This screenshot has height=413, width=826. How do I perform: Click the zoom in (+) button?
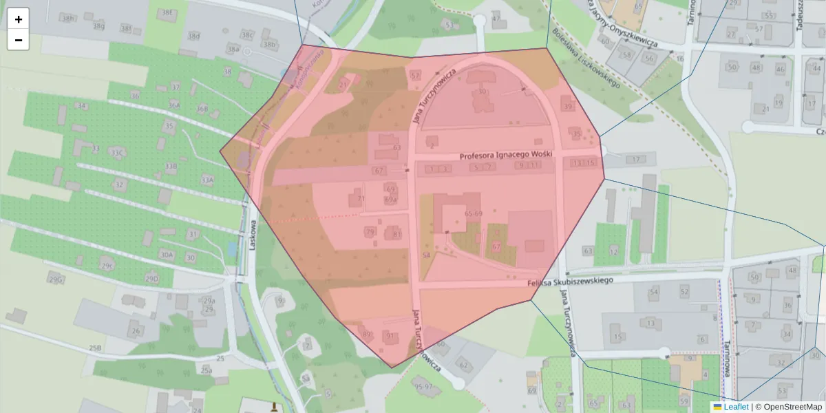click(x=18, y=19)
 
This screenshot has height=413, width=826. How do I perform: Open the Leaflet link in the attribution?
click(x=736, y=407)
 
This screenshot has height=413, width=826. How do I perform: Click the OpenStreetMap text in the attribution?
click(x=792, y=407)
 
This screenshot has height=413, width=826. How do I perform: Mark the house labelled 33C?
click(x=117, y=152)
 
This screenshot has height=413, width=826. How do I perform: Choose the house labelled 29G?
click(x=56, y=279)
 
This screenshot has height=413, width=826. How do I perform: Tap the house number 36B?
click(x=202, y=109)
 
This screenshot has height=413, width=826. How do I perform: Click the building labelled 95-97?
click(x=424, y=386)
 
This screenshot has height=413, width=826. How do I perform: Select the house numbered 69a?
click(x=391, y=200)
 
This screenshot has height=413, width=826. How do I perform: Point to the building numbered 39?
click(x=567, y=106)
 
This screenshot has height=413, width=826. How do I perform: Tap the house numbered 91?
click(x=390, y=336)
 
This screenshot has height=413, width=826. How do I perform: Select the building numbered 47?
click(x=496, y=18)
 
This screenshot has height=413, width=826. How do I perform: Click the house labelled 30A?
click(x=166, y=255)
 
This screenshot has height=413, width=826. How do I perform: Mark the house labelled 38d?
click(x=194, y=36)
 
